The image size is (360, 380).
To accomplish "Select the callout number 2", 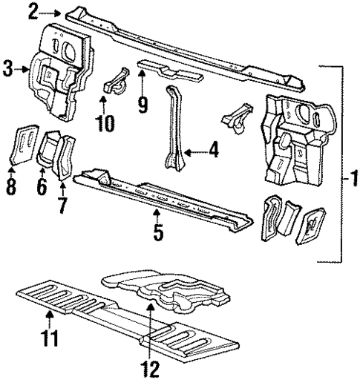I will point(33,10).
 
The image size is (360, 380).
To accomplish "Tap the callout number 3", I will point(8,71).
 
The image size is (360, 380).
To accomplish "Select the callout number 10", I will point(105,122).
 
